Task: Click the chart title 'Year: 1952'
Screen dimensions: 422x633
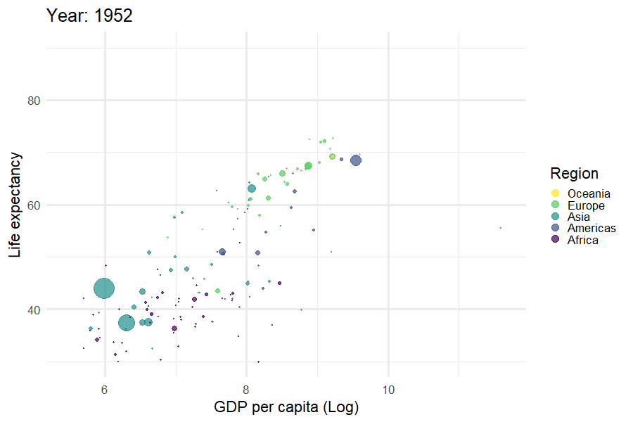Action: (x=89, y=15)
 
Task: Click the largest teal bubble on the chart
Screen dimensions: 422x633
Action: (x=104, y=288)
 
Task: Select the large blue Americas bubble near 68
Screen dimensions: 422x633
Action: (x=356, y=160)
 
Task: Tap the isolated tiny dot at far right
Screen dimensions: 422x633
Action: (x=501, y=228)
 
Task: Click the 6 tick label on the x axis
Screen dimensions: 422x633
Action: (x=105, y=388)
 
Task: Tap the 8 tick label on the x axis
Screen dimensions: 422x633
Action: (x=246, y=388)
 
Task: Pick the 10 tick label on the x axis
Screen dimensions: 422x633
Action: (x=388, y=388)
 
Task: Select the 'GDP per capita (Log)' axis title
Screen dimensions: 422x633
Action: (x=286, y=407)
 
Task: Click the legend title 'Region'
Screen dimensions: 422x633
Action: (x=574, y=174)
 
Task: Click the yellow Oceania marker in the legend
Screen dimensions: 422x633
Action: (x=555, y=194)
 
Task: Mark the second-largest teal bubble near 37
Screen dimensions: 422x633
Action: (x=127, y=323)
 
